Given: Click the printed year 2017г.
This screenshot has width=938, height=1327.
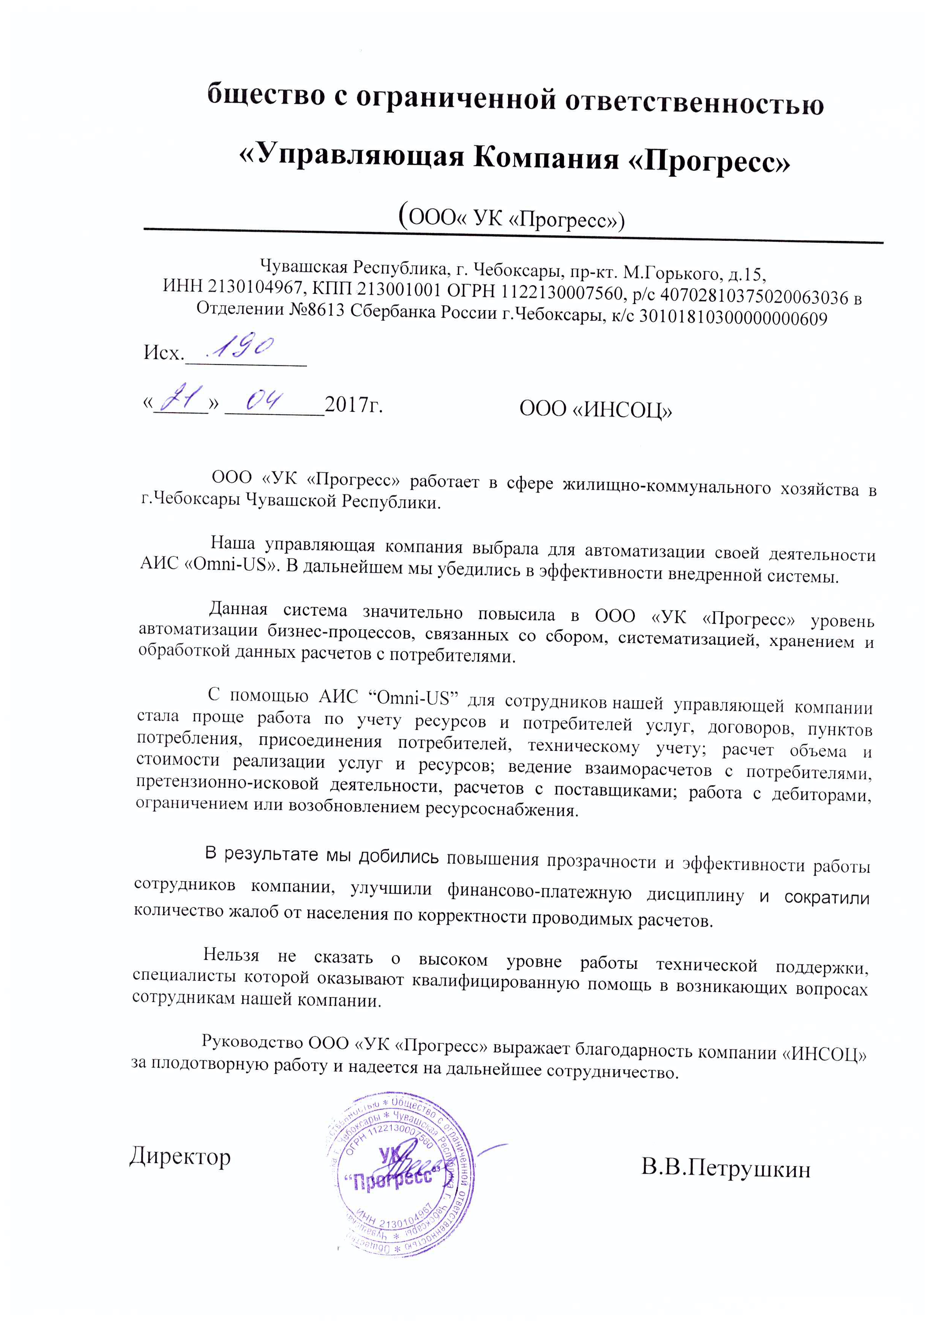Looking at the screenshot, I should [354, 405].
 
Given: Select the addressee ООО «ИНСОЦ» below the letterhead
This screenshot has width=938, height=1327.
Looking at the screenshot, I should [595, 409].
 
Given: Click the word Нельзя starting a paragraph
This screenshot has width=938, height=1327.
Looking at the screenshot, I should [231, 955].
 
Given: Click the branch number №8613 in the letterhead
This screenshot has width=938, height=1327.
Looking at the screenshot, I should [315, 311].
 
